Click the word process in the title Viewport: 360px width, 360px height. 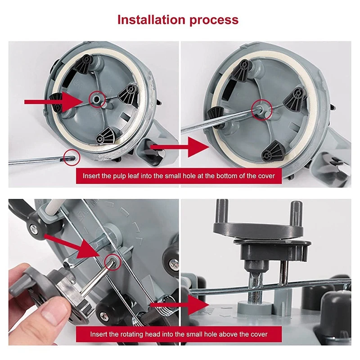pyautogui.click(x=214, y=20)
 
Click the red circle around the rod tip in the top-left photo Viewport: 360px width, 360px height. pyautogui.click(x=72, y=157)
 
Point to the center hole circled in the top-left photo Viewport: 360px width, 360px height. pyautogui.click(x=97, y=99)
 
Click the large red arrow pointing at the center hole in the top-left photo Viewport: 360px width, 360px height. pyautogui.click(x=53, y=102)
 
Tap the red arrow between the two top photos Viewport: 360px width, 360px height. pyautogui.click(x=180, y=147)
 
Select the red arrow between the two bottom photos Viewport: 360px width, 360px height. pyautogui.click(x=180, y=305)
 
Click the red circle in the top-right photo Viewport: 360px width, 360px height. pyautogui.click(x=262, y=110)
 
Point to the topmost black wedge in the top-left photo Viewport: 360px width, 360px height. pyautogui.click(x=84, y=63)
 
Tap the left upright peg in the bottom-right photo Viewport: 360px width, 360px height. pyautogui.click(x=222, y=211)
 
